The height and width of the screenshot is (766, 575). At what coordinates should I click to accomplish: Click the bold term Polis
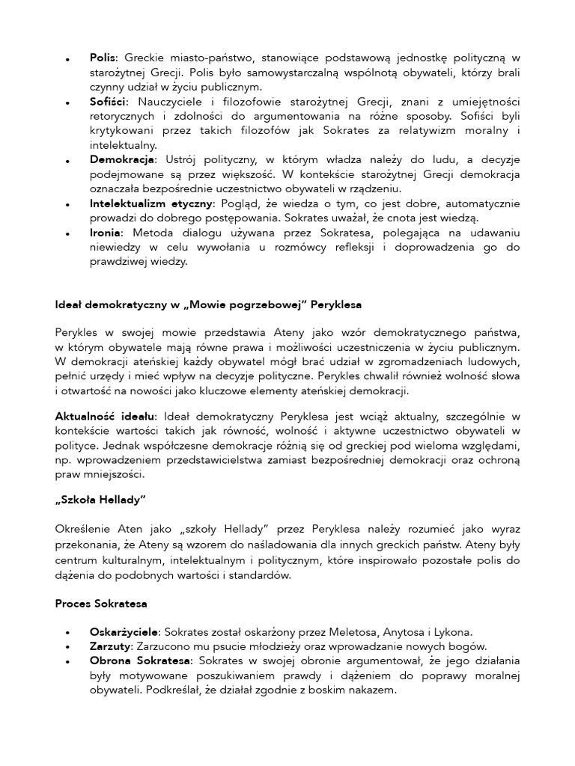(103, 57)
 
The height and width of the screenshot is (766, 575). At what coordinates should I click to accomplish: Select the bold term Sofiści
(108, 100)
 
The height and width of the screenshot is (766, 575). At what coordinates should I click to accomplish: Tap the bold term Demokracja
(122, 159)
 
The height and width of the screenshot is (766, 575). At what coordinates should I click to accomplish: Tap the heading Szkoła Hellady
(100, 500)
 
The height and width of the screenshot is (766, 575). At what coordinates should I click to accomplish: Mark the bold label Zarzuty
(110, 646)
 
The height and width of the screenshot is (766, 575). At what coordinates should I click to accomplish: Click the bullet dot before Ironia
(68, 234)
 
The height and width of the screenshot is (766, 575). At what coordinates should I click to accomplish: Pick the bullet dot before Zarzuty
(68, 648)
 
